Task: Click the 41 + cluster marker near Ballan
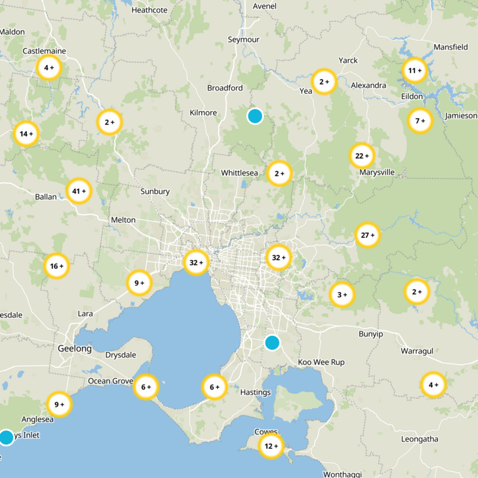tap(79, 191)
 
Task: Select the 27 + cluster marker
tap(367, 235)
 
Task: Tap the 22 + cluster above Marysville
tap(361, 156)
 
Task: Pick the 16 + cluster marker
tap(57, 266)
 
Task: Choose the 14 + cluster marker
tap(27, 134)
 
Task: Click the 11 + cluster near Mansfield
tap(414, 71)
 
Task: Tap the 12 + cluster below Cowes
tap(271, 446)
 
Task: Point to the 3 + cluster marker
tap(342, 295)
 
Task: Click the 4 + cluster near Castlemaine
tap(48, 68)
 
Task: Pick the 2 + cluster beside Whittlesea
tap(279, 174)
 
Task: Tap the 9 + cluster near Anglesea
tap(59, 405)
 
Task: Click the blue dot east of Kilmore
tap(255, 116)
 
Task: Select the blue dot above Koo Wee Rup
tap(272, 342)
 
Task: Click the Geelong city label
tap(75, 348)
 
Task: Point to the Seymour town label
tap(244, 39)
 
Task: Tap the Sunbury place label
tap(155, 192)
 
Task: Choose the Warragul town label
tap(416, 351)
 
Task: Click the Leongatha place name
tap(419, 439)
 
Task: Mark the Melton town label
tap(123, 220)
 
